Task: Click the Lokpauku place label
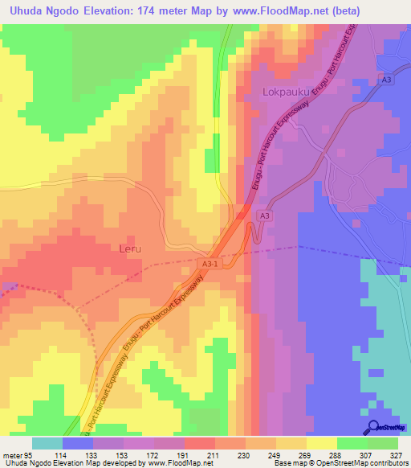pos(286,92)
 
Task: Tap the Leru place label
pos(130,249)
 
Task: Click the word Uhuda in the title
pos(28,11)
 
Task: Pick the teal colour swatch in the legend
pos(47,442)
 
